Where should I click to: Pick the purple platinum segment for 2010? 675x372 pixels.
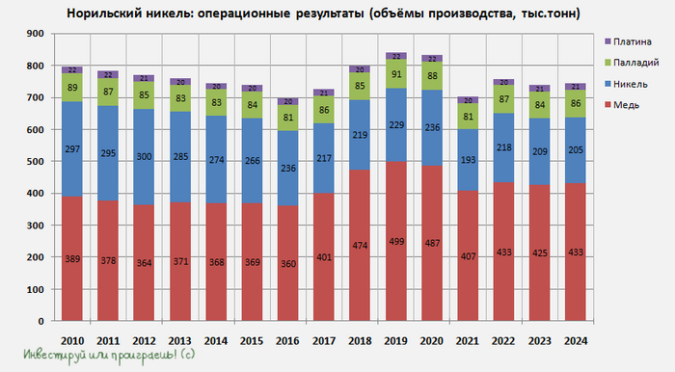pyautogui.click(x=71, y=69)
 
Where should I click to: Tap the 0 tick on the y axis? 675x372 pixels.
pyautogui.click(x=38, y=322)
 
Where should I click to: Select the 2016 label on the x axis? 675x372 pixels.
pyautogui.click(x=286, y=340)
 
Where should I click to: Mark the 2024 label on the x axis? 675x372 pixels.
pyautogui.click(x=575, y=340)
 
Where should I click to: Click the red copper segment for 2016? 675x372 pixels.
pyautogui.click(x=287, y=263)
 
